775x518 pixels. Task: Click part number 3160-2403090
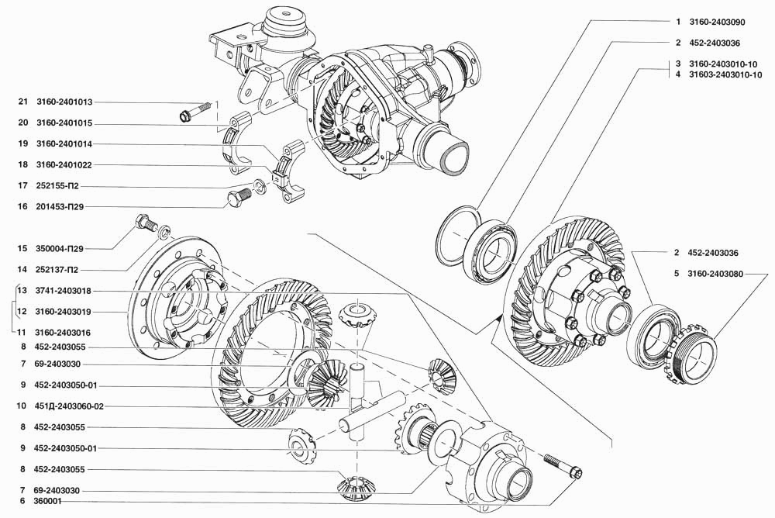click(x=717, y=22)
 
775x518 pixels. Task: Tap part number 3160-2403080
click(x=715, y=273)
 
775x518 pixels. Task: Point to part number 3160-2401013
click(x=64, y=102)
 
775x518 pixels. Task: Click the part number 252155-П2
click(x=57, y=186)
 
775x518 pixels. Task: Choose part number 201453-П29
click(x=60, y=207)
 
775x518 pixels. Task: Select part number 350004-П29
click(x=60, y=248)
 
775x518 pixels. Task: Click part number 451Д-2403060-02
click(x=69, y=406)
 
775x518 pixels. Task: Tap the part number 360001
click(x=48, y=501)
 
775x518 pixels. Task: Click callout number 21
click(x=22, y=102)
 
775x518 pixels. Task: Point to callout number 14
click(x=22, y=270)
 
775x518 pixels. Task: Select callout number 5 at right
click(x=677, y=273)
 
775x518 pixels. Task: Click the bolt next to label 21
click(x=195, y=112)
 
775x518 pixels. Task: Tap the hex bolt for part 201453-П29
click(x=239, y=197)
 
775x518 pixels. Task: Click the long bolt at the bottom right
click(x=563, y=466)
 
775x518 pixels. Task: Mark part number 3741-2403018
click(x=64, y=291)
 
